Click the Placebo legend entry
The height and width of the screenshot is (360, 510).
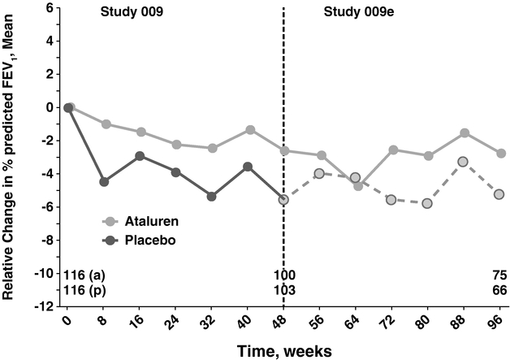pyautogui.click(x=143, y=241)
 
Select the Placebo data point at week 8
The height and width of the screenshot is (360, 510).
pyautogui.click(x=104, y=182)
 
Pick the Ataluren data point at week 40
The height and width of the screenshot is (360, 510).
pyautogui.click(x=250, y=130)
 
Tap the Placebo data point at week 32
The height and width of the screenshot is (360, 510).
pyautogui.click(x=212, y=197)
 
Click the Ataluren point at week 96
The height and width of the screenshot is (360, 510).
pyautogui.click(x=500, y=154)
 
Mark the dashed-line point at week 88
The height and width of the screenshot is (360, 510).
pyautogui.click(x=465, y=162)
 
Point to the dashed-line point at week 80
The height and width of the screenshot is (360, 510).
pyautogui.click(x=427, y=203)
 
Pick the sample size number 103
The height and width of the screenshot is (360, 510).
pyautogui.click(x=283, y=290)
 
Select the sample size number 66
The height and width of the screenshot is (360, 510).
pyautogui.click(x=499, y=290)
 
